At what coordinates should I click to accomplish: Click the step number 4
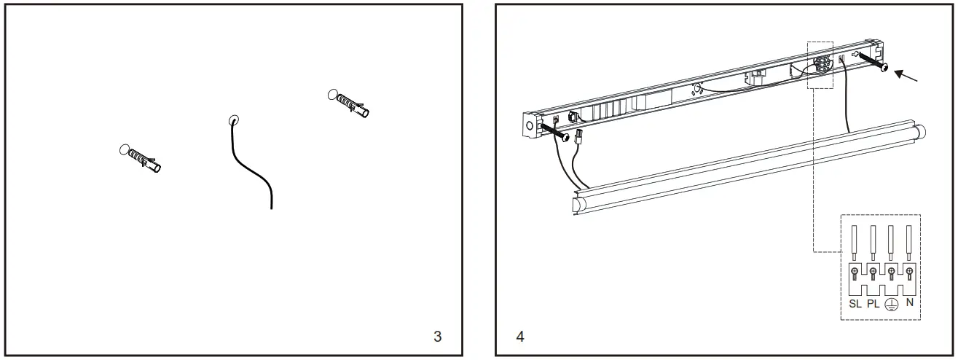tap(519, 337)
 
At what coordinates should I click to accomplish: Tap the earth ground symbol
tap(891, 304)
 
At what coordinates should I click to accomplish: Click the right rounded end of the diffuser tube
tap(919, 133)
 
